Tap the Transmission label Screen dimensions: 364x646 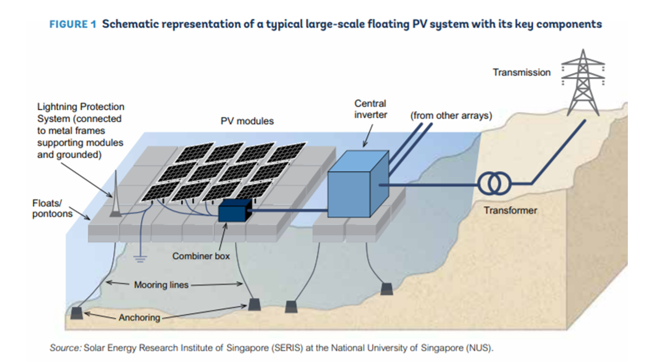click(x=521, y=72)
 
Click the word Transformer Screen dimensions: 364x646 click(x=510, y=210)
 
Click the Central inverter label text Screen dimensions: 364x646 click(x=370, y=109)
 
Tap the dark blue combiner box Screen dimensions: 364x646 click(x=234, y=210)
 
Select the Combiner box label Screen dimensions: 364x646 click(x=201, y=256)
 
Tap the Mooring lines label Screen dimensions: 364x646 click(x=161, y=285)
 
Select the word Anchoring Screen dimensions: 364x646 click(x=139, y=317)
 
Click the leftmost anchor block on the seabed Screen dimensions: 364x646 click(x=76, y=313)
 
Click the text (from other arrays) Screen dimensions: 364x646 click(x=451, y=115)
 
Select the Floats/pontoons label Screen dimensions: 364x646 click(x=52, y=208)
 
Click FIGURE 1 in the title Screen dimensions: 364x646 click(x=72, y=24)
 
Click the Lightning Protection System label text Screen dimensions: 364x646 click(x=81, y=130)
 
